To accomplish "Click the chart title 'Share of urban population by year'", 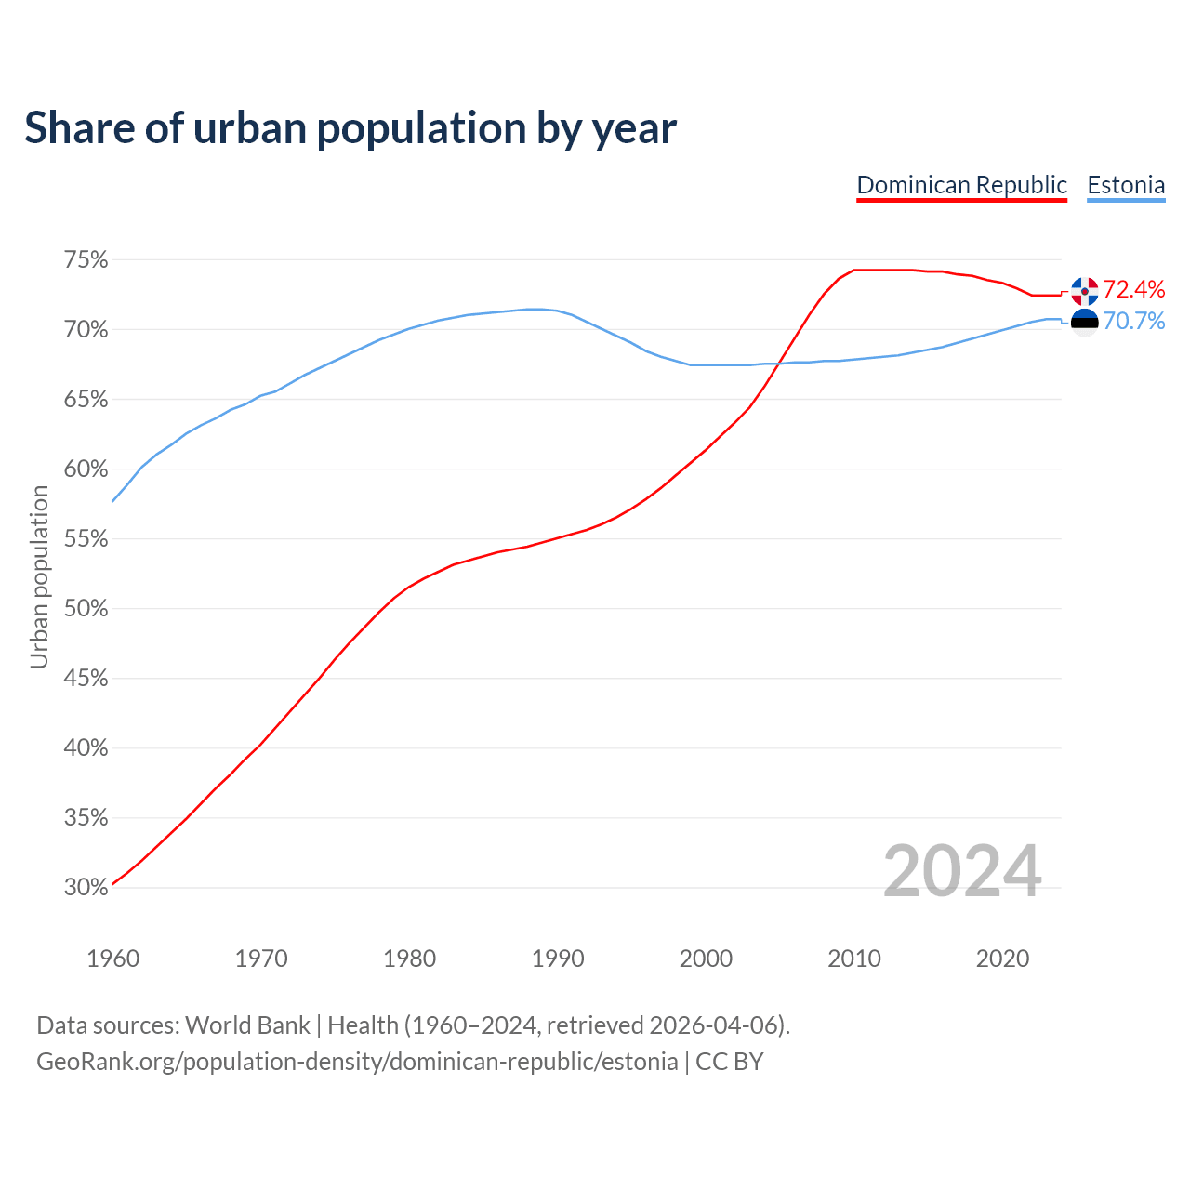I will point(350,128).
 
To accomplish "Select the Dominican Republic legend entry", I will point(961,185).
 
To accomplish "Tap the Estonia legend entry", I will point(1126,185).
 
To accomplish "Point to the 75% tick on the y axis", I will point(86,260).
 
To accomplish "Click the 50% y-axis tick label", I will point(86,609).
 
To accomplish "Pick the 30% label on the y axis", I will point(86,888).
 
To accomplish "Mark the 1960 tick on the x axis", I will point(113,959).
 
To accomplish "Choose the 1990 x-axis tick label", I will point(558,959).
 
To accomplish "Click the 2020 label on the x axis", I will point(1002,959).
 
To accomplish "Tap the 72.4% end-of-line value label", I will point(1133,289).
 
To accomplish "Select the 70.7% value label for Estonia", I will point(1133,322).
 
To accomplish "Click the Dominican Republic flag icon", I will point(1084,291).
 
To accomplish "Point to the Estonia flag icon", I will point(1084,322).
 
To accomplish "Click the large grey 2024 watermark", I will point(962,871).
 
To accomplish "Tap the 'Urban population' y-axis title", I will point(39,576).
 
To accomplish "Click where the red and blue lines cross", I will point(779,363).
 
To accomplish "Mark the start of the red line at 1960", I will point(113,883).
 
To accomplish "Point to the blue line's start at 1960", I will point(113,501).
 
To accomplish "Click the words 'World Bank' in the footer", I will point(247,1025).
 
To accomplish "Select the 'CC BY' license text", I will point(730,1062).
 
